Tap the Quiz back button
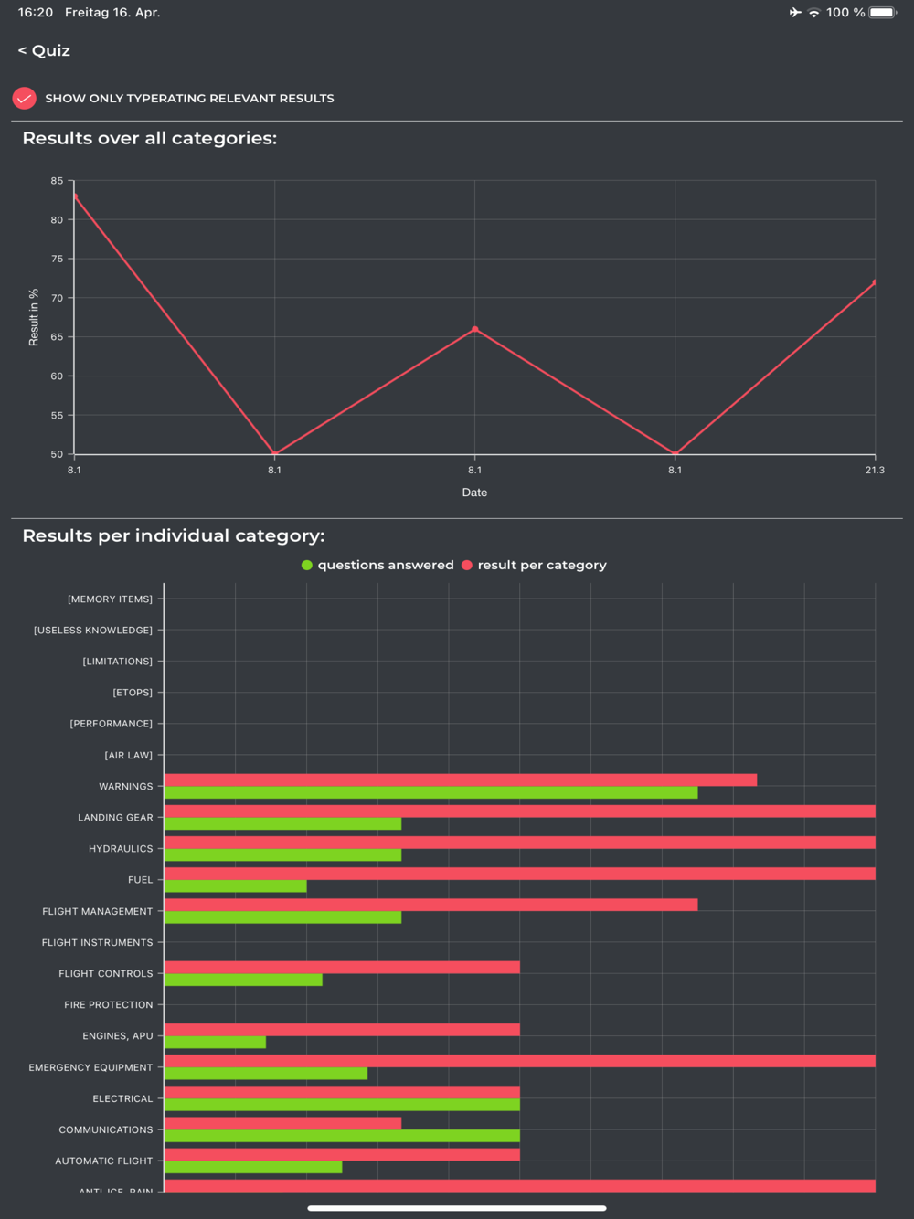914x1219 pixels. point(44,51)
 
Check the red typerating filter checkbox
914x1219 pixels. point(25,98)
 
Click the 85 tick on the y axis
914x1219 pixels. point(57,181)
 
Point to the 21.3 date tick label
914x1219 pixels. point(875,470)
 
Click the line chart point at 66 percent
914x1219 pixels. point(474,329)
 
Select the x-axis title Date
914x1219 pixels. point(474,493)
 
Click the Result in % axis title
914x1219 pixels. point(34,317)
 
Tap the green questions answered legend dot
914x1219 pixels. point(307,566)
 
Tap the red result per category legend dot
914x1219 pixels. point(467,566)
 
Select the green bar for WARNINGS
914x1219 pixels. point(430,793)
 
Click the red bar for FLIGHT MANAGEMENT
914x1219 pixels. point(430,905)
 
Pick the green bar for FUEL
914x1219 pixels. point(235,886)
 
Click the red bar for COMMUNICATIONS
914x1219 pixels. point(282,1123)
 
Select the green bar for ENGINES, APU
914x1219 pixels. point(215,1043)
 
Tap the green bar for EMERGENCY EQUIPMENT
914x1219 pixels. point(265,1074)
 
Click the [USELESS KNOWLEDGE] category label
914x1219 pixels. point(93,631)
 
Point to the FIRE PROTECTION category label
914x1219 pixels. point(109,1005)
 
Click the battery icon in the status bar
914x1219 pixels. point(882,13)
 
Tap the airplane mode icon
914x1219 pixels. point(795,13)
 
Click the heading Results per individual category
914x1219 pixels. point(174,536)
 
